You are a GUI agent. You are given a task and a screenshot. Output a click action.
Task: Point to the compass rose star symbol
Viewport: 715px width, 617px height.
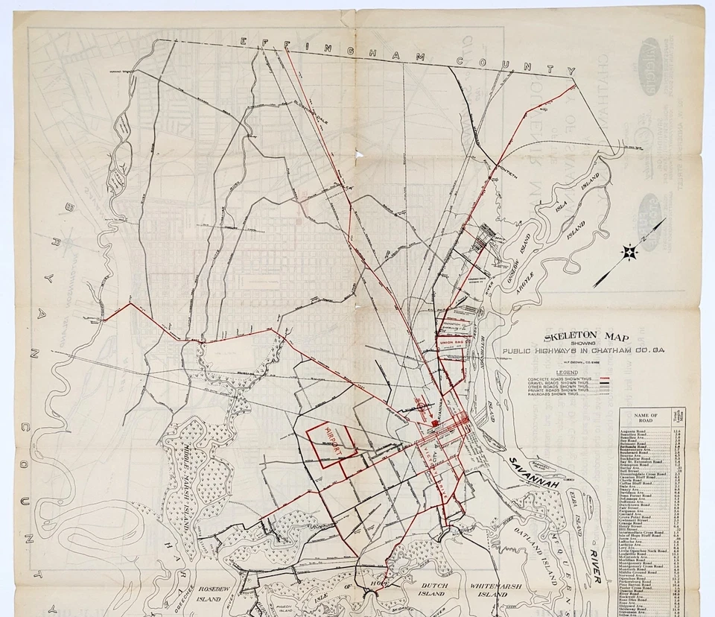click(629, 253)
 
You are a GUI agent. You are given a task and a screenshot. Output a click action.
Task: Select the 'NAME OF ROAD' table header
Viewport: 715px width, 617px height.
click(644, 416)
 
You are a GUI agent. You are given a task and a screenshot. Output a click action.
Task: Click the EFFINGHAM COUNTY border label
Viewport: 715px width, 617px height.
click(406, 56)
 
